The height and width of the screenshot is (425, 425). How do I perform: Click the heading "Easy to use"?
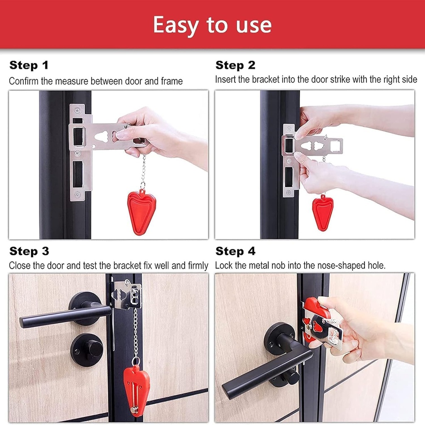pos(212,25)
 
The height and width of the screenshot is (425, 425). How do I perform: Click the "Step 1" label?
pos(29,65)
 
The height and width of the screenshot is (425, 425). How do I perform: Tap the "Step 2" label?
pos(235,65)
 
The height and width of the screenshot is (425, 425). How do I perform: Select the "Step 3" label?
pos(29,251)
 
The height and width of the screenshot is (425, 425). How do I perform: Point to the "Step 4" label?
pos(235,251)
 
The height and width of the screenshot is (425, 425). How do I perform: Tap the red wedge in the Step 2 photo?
pos(322,212)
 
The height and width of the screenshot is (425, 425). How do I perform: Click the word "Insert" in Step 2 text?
pos(225,79)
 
